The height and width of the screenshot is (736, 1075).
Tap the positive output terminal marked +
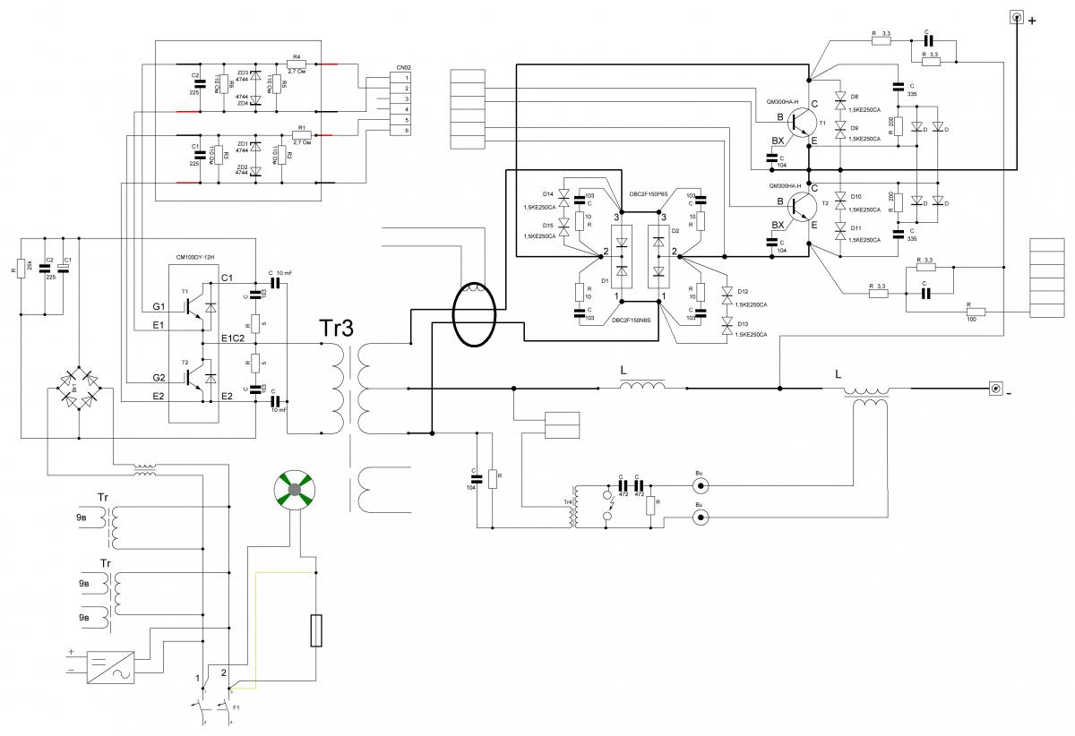1017,19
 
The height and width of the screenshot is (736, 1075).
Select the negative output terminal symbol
995,389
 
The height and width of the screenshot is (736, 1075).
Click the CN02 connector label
403,68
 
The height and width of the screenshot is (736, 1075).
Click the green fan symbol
296,491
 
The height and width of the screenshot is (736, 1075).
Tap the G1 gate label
159,307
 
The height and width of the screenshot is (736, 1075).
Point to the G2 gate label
159,377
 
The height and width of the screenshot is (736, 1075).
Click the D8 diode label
855,96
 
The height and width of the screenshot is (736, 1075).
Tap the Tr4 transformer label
567,502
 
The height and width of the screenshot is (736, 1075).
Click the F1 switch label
236,707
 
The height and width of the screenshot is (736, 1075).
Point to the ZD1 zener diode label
242,144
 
